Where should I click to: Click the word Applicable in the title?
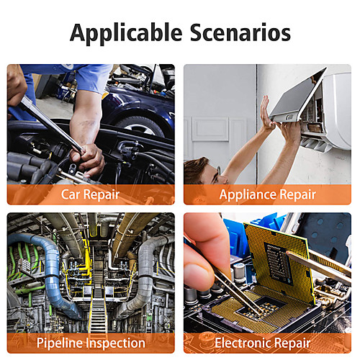[x=126, y=34]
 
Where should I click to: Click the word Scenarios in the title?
[x=240, y=32]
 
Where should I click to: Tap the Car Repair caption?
[x=90, y=194]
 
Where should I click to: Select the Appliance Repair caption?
[x=267, y=194]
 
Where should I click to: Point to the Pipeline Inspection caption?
[x=91, y=343]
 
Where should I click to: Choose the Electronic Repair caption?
[x=263, y=343]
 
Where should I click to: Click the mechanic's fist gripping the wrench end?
[x=88, y=159]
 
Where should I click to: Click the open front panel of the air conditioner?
[x=297, y=96]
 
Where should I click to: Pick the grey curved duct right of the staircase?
[x=144, y=276]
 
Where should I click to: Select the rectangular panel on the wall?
[x=210, y=129]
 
